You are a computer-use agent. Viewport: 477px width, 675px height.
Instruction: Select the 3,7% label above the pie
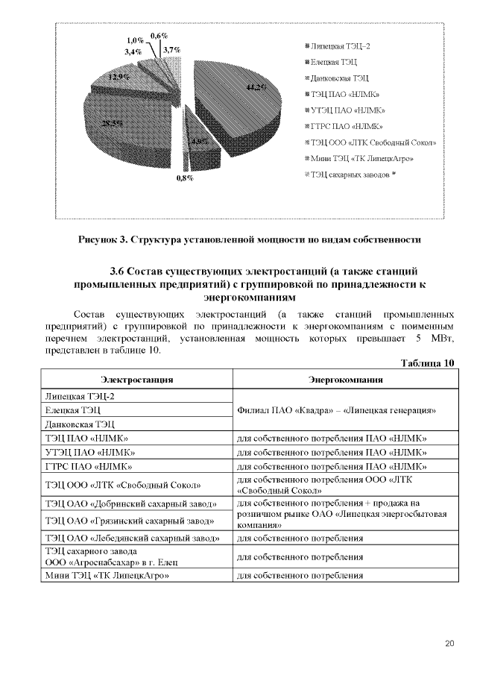click(172, 50)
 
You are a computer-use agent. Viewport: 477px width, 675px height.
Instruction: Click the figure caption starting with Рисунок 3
click(250, 240)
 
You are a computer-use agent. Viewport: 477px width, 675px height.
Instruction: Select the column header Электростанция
click(137, 380)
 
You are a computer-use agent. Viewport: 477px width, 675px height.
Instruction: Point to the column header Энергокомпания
click(346, 380)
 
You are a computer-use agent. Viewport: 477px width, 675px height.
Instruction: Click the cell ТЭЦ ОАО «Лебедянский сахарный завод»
click(132, 538)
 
